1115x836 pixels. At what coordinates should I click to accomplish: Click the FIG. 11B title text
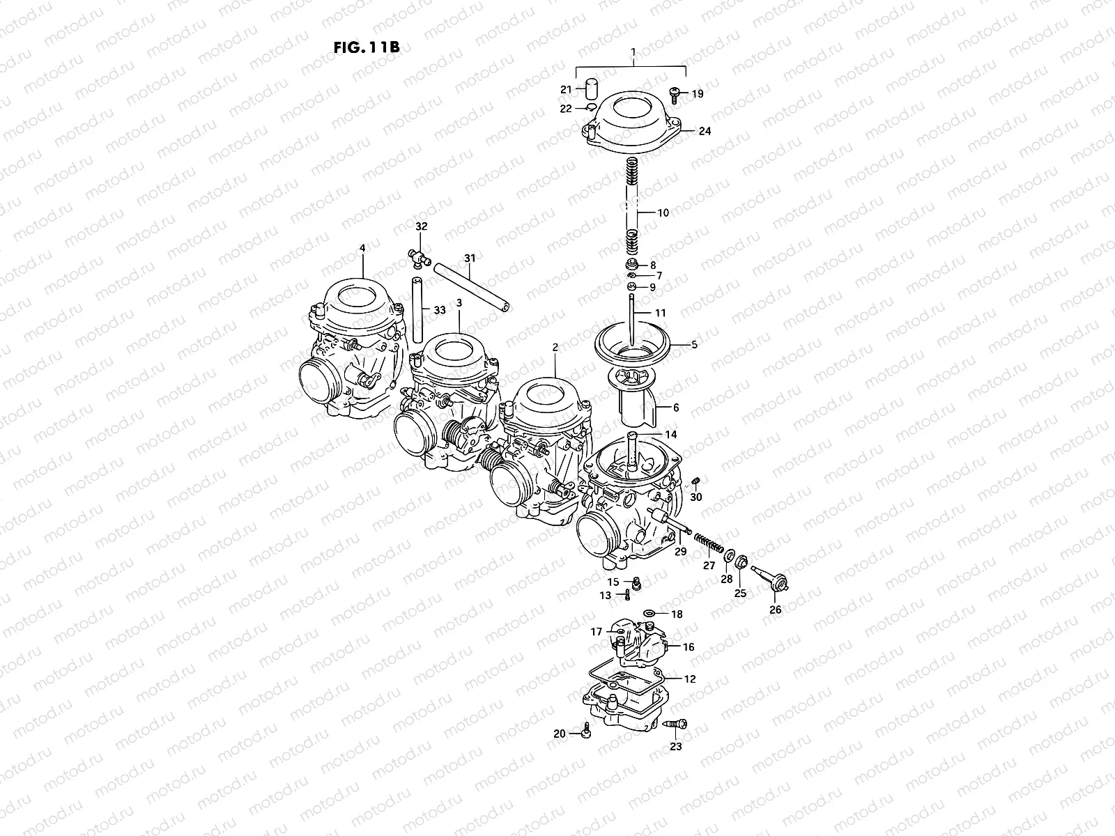(x=366, y=48)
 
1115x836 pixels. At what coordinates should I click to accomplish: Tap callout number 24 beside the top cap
(x=705, y=131)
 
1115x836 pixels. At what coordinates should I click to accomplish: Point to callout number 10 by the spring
(x=663, y=212)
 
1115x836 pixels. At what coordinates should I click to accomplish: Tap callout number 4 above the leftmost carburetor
(x=362, y=247)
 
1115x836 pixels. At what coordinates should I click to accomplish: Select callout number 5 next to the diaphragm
(x=693, y=344)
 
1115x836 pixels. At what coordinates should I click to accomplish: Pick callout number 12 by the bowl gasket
(x=689, y=678)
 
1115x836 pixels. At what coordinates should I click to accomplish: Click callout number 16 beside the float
(x=688, y=647)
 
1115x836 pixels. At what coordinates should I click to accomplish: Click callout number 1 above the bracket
(x=633, y=52)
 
